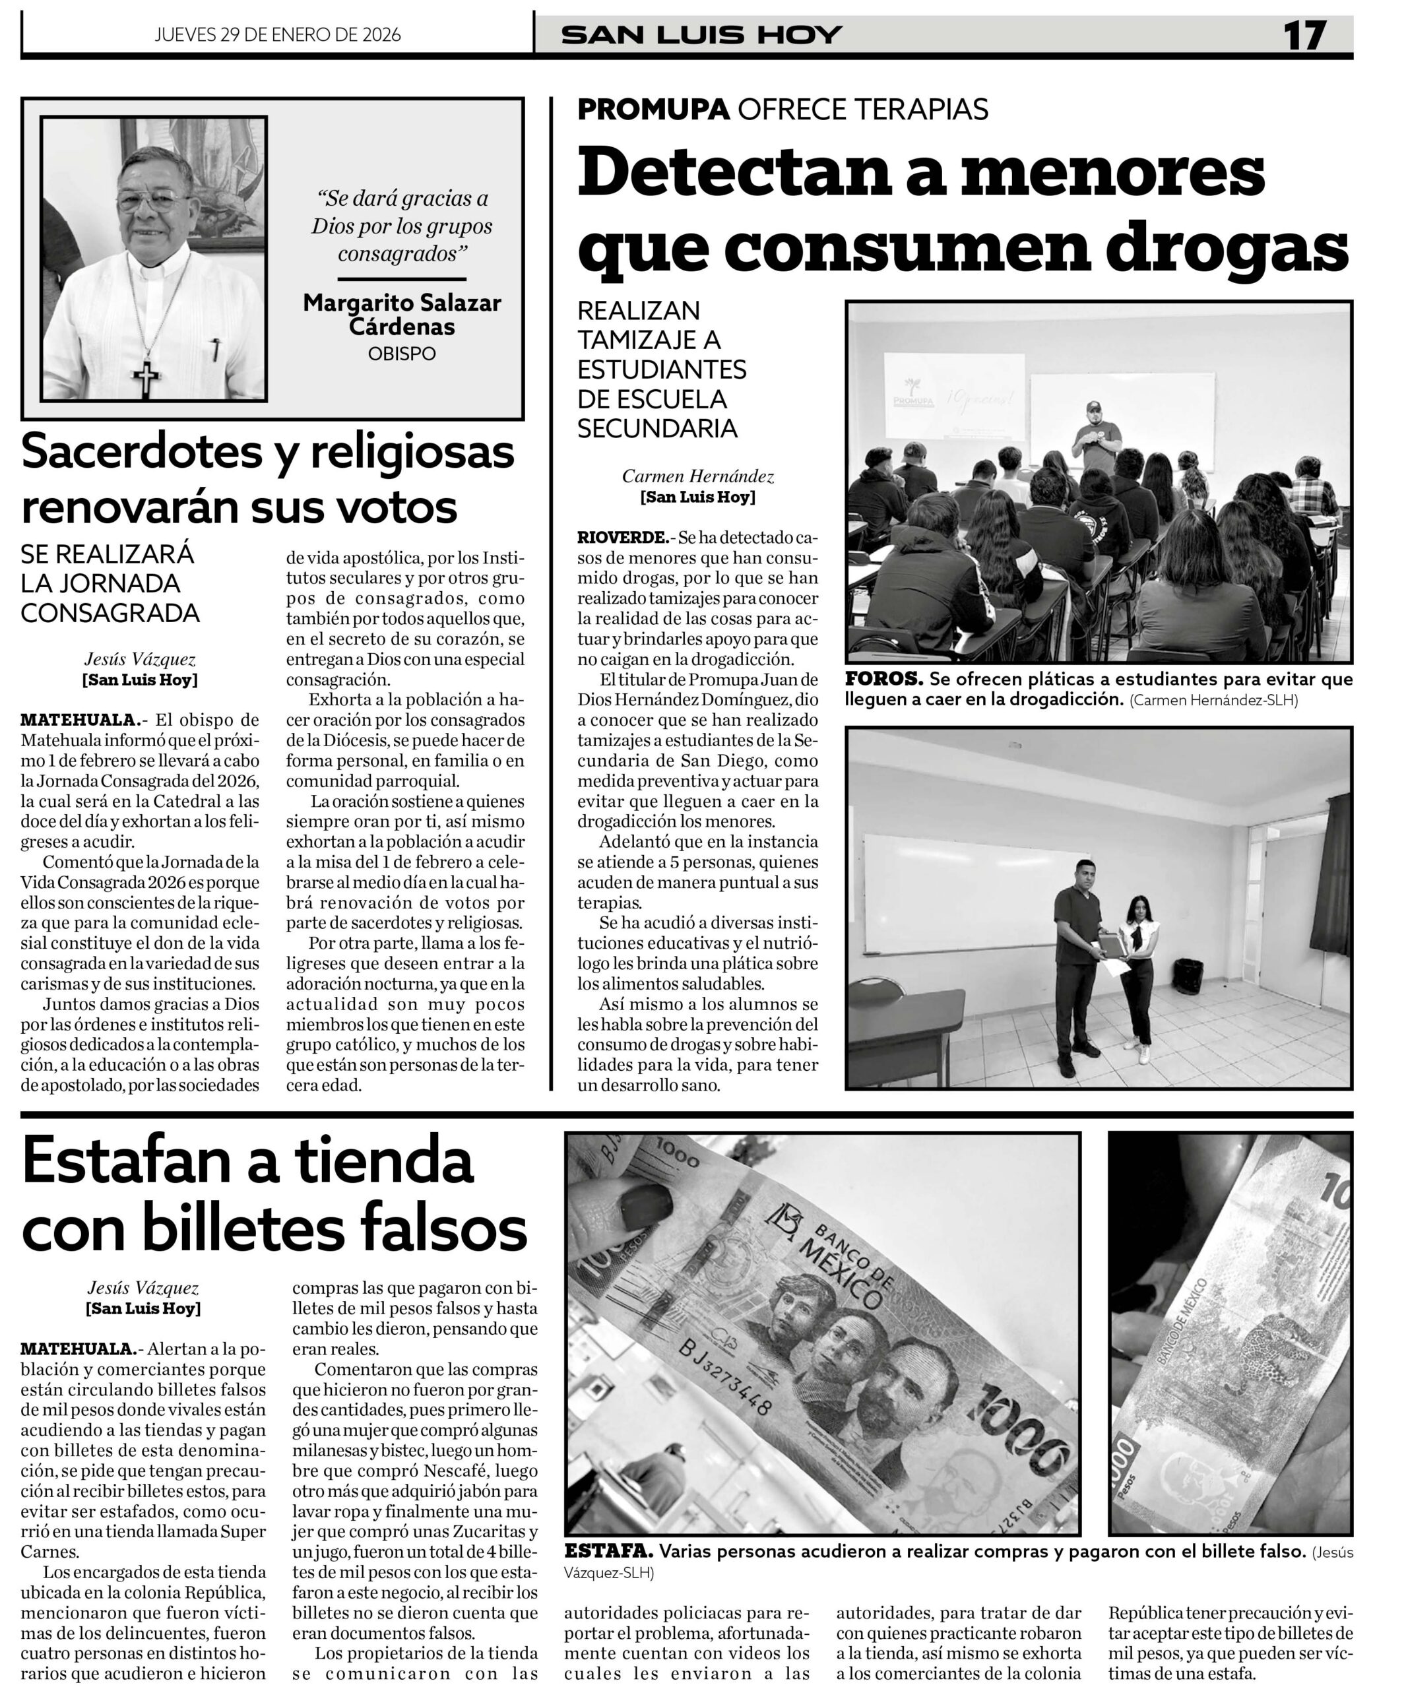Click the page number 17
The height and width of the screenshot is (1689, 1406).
tap(1304, 36)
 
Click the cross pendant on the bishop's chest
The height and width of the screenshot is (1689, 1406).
tap(146, 379)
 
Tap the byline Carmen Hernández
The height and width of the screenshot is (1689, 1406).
tap(697, 476)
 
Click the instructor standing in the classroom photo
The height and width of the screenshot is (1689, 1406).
tap(1097, 437)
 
